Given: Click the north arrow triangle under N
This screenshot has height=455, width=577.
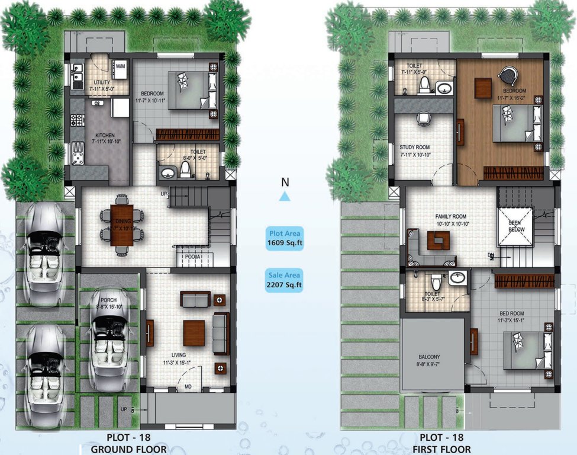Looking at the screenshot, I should (x=285, y=197).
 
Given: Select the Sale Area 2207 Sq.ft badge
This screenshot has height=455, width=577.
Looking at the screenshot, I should (x=285, y=280).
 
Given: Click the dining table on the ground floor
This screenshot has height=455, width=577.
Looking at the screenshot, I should (x=122, y=225).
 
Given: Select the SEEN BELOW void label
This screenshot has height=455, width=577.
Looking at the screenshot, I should (x=515, y=226).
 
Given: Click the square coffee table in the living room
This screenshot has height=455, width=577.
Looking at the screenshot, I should (x=194, y=332).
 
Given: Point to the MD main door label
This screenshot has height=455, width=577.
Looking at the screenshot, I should (x=188, y=388).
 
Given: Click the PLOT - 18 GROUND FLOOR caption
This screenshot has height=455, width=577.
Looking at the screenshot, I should (x=128, y=444).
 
